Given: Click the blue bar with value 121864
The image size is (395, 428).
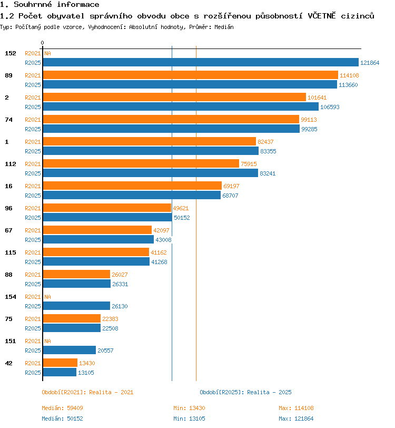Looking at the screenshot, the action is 201,62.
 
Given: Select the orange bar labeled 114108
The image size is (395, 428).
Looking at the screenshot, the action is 191,75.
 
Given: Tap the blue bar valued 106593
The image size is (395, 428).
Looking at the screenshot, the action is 181,106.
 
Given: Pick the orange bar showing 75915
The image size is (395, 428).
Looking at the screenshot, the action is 141,163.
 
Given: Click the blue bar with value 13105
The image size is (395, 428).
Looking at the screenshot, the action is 60,372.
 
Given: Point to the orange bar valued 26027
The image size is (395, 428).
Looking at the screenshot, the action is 76,274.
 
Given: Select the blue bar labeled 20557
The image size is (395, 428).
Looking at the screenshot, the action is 70,350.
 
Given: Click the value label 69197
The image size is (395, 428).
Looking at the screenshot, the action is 231,186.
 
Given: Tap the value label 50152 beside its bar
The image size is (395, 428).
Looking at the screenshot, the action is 182,218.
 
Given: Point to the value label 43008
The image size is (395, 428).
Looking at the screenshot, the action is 163,240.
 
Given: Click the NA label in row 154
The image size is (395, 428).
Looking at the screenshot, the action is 47,297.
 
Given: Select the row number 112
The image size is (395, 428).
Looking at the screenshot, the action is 11,164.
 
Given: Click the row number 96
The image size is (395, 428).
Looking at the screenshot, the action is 9,208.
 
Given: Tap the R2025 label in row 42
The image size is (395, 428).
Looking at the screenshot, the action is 33,373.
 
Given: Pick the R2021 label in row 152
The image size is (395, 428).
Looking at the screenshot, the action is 33,53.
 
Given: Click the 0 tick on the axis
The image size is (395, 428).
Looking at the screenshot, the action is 42,43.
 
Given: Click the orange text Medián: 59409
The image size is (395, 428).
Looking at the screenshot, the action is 62,408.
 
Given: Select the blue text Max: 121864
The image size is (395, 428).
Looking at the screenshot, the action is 296,419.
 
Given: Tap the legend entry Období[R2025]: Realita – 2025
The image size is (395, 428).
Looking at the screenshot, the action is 245,392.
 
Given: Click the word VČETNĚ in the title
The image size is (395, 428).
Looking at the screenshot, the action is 322,16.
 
